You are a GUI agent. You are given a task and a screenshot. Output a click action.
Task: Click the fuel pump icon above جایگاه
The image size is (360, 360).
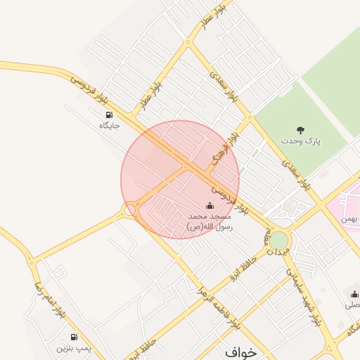[109, 115]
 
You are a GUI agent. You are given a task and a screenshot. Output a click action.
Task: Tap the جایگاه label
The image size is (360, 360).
[109, 126]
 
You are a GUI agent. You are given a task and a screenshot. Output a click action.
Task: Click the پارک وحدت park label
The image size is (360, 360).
[302, 141]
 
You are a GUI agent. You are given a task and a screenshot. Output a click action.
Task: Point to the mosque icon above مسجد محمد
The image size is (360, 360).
[209, 205]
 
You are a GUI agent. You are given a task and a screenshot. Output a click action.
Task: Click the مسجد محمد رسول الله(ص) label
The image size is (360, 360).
[209, 222]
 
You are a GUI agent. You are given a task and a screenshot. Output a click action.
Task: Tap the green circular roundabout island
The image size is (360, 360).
[278, 240]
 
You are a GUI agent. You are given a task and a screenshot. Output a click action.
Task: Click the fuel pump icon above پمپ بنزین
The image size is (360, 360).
[75, 337]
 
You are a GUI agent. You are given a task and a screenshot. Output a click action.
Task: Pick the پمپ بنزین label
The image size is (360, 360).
[75, 348]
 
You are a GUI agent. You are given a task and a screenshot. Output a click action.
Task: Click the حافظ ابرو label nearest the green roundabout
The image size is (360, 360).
[246, 268]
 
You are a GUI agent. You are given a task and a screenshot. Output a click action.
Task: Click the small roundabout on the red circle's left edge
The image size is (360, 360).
[129, 210]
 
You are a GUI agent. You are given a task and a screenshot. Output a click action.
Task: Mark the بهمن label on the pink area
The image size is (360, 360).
[349, 219]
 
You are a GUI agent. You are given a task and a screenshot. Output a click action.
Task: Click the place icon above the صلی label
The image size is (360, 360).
[354, 294]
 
